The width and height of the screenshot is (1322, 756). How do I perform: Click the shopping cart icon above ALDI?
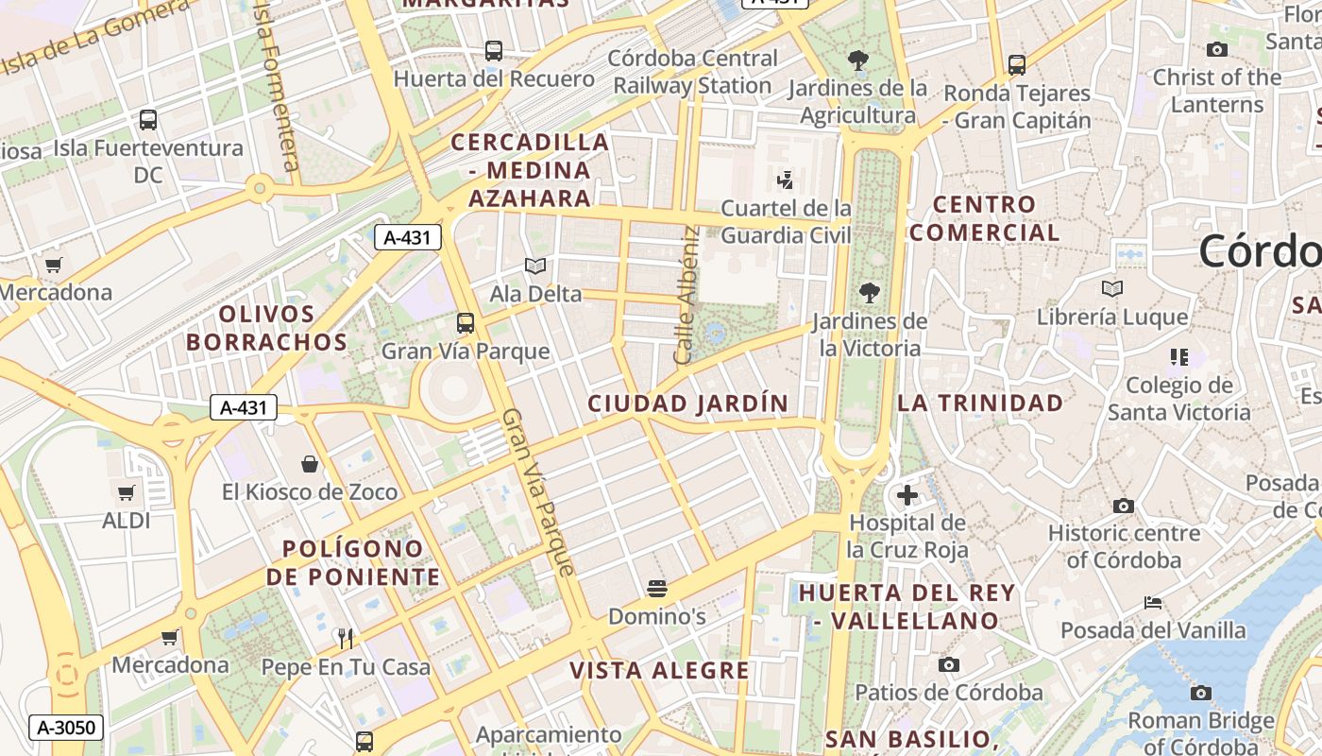(126, 492)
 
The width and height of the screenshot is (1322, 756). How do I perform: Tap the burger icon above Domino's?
(657, 590)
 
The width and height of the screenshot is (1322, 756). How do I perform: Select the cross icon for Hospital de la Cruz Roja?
(907, 495)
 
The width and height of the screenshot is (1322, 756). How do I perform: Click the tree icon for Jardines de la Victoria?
(869, 293)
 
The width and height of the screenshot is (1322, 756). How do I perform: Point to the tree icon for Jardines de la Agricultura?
(857, 61)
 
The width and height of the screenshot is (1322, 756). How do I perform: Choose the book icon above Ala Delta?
(535, 266)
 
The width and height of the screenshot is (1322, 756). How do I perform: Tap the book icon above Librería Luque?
(1112, 289)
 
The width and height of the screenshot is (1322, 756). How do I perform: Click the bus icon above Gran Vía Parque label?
(466, 323)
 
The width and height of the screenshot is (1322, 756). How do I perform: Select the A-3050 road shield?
(66, 727)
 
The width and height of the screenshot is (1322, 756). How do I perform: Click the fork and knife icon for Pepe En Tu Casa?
(346, 639)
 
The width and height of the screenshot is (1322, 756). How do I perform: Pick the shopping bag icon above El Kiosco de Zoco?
(310, 464)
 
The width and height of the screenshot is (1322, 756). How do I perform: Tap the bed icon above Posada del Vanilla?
(1152, 602)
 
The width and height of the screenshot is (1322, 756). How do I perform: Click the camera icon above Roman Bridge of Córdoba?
(1200, 693)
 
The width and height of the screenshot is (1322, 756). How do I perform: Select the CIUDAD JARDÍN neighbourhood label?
(687, 404)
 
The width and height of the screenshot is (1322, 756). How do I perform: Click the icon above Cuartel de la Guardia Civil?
(785, 180)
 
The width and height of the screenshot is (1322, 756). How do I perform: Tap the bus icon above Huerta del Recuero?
(493, 51)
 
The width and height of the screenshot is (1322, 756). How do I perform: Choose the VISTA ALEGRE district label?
(659, 671)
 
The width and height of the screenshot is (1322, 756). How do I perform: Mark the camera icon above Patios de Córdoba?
(949, 664)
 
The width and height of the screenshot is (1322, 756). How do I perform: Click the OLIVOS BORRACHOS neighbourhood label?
(266, 328)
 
